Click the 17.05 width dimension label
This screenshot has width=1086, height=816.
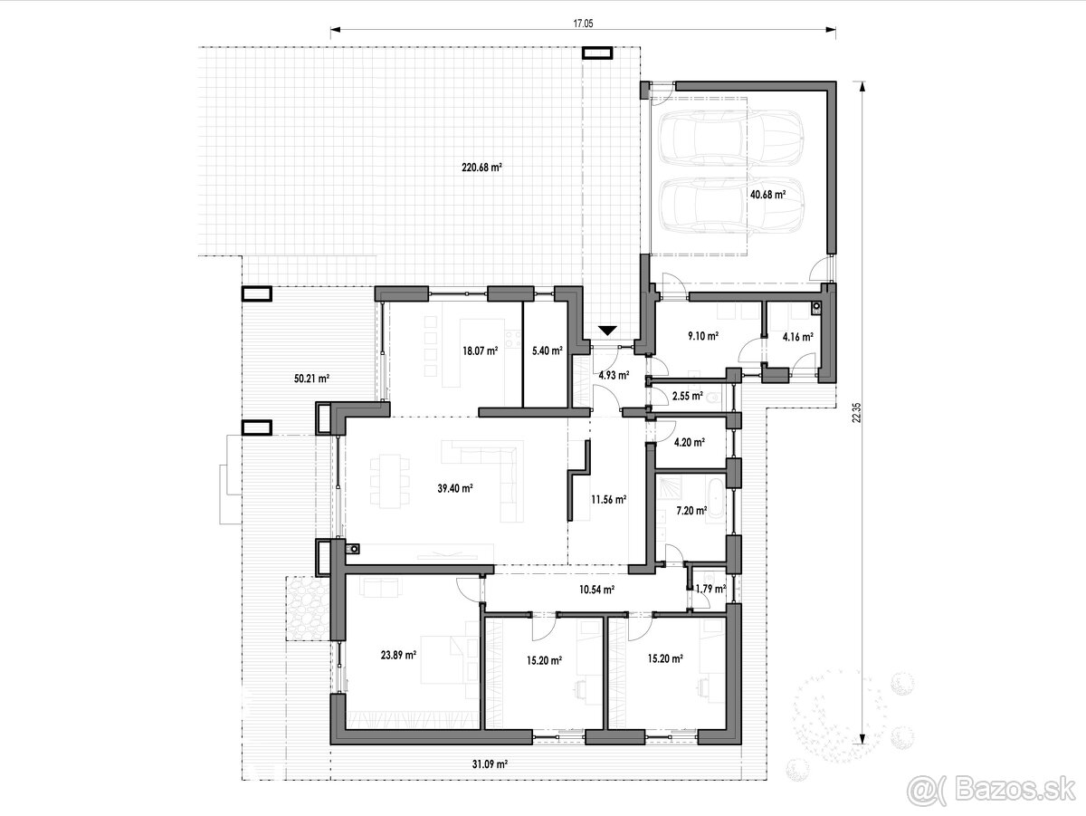point(583,24)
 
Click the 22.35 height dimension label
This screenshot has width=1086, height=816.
point(856,412)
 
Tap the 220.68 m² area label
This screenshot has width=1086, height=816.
point(481,168)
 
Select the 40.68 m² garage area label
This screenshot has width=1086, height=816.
point(767,195)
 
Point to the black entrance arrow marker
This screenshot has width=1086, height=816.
point(607,331)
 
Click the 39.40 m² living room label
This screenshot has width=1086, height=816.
point(455,489)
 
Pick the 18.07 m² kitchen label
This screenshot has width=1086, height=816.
point(480,351)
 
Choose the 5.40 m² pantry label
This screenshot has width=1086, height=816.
point(548,351)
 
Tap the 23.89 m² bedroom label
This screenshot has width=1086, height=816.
point(398,655)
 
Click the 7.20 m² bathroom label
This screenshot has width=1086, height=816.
point(691,510)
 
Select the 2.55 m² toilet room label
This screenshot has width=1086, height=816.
point(688,396)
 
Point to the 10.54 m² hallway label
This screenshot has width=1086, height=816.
point(596,590)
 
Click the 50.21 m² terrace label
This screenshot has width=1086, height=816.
point(311,379)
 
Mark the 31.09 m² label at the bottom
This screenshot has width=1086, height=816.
point(490,764)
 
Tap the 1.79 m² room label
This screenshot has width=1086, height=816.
point(710,590)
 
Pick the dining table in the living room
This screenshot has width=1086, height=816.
point(389,481)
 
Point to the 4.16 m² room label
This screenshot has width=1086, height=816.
point(797,337)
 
